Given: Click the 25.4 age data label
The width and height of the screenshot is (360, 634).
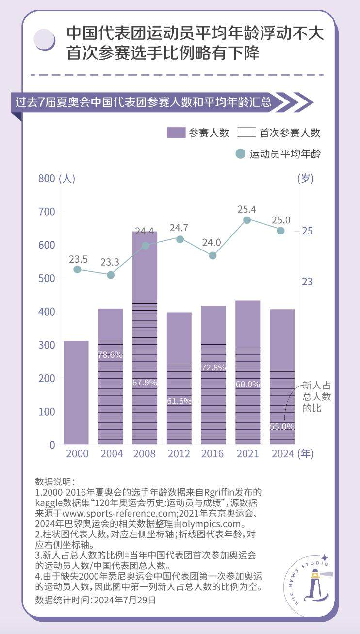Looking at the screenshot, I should pyautogui.click(x=247, y=209).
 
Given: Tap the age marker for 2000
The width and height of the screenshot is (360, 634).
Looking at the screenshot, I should pyautogui.click(x=77, y=269).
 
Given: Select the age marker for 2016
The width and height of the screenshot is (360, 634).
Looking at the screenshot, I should pyautogui.click(x=213, y=255).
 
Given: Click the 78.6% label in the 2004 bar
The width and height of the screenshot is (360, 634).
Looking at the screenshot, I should pyautogui.click(x=110, y=355).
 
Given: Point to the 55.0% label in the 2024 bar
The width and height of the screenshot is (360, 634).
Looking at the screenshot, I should pyautogui.click(x=282, y=427).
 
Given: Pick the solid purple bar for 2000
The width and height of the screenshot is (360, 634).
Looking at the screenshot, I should pyautogui.click(x=76, y=392).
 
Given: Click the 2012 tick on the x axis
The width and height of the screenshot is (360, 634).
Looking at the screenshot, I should pyautogui.click(x=179, y=454).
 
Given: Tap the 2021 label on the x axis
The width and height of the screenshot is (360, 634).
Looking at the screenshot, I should pyautogui.click(x=247, y=454).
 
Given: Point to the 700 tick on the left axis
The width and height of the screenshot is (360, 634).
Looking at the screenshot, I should pyautogui.click(x=47, y=212).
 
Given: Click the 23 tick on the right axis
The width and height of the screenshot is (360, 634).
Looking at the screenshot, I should pyautogui.click(x=308, y=282).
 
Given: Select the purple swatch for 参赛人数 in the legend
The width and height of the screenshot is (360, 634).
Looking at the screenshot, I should pyautogui.click(x=176, y=133).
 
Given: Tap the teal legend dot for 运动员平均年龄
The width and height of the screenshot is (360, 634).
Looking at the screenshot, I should pyautogui.click(x=240, y=154).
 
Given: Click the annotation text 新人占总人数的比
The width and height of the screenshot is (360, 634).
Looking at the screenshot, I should pyautogui.click(x=316, y=397).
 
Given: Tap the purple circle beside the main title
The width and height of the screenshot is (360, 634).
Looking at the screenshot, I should pyautogui.click(x=45, y=39).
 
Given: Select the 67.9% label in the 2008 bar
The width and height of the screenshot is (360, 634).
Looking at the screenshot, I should pyautogui.click(x=145, y=383).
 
